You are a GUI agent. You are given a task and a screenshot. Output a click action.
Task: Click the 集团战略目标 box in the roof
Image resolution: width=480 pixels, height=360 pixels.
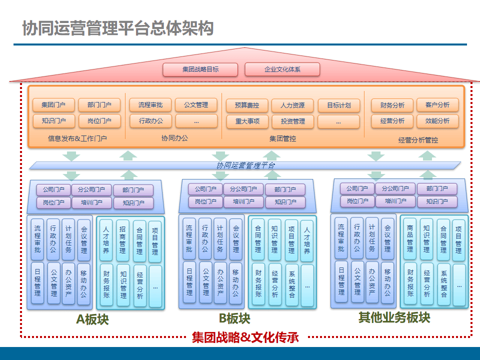pyautogui.click(x=200, y=69)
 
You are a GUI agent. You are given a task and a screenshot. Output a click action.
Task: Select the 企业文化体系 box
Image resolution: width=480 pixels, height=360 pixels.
pyautogui.click(x=282, y=69)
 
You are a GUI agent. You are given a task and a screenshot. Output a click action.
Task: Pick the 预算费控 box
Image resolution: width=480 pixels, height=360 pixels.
pyautogui.click(x=246, y=105)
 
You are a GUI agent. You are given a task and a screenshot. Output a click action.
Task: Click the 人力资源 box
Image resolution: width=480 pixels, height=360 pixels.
pyautogui.click(x=292, y=105)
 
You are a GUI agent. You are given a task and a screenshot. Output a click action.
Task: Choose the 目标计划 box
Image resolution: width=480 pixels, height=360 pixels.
pyautogui.click(x=338, y=105)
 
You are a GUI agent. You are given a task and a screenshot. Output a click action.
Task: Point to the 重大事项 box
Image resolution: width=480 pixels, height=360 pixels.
pyautogui.click(x=246, y=121)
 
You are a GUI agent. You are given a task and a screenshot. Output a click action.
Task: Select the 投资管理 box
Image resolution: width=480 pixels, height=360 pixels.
pyautogui.click(x=292, y=121)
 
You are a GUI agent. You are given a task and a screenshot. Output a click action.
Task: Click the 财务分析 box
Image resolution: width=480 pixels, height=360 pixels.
pyautogui.click(x=392, y=105)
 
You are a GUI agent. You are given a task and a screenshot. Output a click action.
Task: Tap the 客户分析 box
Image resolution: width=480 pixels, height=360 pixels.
pyautogui.click(x=437, y=105)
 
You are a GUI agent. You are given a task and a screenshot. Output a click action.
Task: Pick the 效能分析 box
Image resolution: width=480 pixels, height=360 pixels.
pyautogui.click(x=437, y=121)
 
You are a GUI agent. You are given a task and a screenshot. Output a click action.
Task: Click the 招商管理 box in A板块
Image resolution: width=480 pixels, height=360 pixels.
pyautogui.click(x=122, y=240)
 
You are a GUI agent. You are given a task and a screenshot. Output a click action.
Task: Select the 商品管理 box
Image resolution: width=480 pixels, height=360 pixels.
pyautogui.click(x=410, y=235)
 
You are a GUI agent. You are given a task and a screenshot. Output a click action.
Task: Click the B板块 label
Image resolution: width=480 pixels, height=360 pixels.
pyautogui.click(x=234, y=318)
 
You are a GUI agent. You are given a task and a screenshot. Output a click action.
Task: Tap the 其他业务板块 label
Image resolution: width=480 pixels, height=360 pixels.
pyautogui.click(x=394, y=318)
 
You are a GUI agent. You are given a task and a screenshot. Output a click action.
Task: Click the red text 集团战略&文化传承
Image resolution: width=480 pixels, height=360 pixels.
pyautogui.click(x=245, y=337)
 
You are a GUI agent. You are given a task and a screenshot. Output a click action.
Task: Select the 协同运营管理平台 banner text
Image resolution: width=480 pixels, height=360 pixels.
pyautogui.click(x=245, y=165)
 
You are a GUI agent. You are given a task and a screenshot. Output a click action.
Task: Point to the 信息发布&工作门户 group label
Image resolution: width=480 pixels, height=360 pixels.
pyautogui.click(x=77, y=138)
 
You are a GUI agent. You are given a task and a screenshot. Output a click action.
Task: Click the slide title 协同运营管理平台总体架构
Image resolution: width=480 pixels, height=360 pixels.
pyautogui.click(x=118, y=28)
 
